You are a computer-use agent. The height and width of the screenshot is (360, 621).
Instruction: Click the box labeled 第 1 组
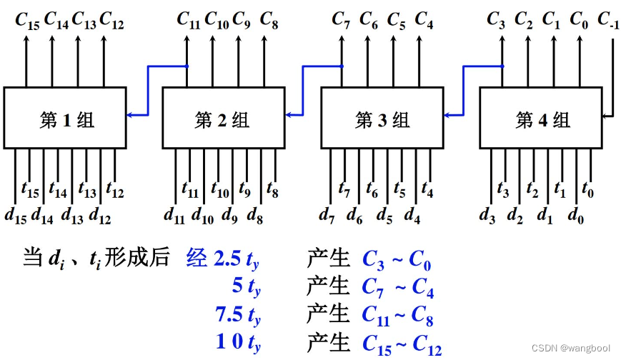click(65, 118)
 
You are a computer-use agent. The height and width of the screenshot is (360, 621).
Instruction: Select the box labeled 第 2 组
click(224, 118)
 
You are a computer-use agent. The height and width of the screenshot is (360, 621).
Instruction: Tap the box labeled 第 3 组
click(382, 118)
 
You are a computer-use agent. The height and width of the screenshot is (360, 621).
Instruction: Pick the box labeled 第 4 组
click(541, 118)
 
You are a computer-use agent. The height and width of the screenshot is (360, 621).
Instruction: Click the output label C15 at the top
click(27, 21)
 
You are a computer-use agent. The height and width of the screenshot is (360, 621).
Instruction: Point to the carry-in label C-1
click(608, 20)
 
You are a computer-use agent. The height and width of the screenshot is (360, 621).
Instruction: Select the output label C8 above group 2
click(269, 20)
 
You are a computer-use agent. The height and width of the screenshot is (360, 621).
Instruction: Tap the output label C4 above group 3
click(424, 20)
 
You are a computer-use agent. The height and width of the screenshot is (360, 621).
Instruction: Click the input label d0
click(576, 216)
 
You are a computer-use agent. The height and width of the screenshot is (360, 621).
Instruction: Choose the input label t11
click(190, 189)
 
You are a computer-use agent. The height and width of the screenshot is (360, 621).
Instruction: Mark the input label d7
click(327, 216)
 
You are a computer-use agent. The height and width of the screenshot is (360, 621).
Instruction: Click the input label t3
click(503, 189)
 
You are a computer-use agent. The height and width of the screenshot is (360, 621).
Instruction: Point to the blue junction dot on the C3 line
click(502, 66)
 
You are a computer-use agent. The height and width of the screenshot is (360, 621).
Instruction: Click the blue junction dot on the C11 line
click(187, 66)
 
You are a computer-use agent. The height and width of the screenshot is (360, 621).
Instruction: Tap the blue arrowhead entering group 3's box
click(448, 115)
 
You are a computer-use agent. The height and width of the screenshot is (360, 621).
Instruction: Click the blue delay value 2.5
click(227, 259)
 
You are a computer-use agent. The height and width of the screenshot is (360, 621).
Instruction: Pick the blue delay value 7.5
click(229, 314)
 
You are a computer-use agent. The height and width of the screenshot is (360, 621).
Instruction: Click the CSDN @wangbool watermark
click(571, 348)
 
